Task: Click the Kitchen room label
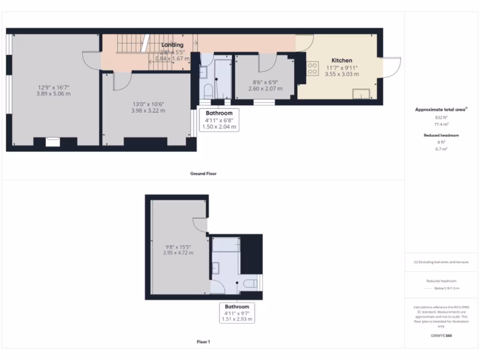[342, 60]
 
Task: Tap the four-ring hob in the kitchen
[312, 68]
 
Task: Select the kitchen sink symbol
[360, 94]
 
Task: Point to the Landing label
[172, 45]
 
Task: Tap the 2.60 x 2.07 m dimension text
[265, 89]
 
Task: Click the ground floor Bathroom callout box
[219, 120]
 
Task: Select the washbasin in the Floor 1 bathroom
[216, 268]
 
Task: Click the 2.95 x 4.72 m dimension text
[178, 253]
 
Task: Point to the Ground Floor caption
[203, 173]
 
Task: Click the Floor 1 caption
[203, 342]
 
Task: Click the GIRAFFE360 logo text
[442, 336]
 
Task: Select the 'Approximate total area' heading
[441, 110]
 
